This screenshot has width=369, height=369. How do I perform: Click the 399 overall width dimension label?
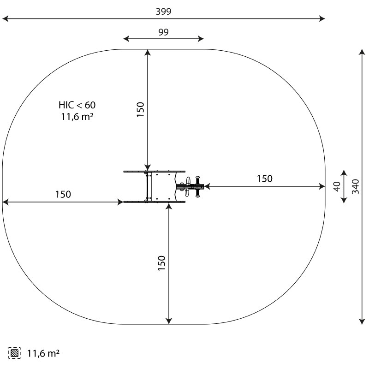(x=163, y=11)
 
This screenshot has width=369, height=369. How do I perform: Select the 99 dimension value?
(x=163, y=32)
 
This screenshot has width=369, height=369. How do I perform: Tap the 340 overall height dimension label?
(x=356, y=187)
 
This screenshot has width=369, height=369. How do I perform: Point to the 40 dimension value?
(x=337, y=186)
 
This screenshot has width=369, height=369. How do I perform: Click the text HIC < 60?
(x=77, y=105)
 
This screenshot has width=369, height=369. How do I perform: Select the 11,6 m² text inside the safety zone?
(x=77, y=117)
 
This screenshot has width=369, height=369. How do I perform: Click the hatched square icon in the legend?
(x=14, y=353)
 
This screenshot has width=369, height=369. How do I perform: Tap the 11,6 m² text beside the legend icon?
(x=43, y=353)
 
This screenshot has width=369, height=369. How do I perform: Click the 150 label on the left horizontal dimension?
(x=63, y=194)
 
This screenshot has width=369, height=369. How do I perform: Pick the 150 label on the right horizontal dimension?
(x=264, y=179)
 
